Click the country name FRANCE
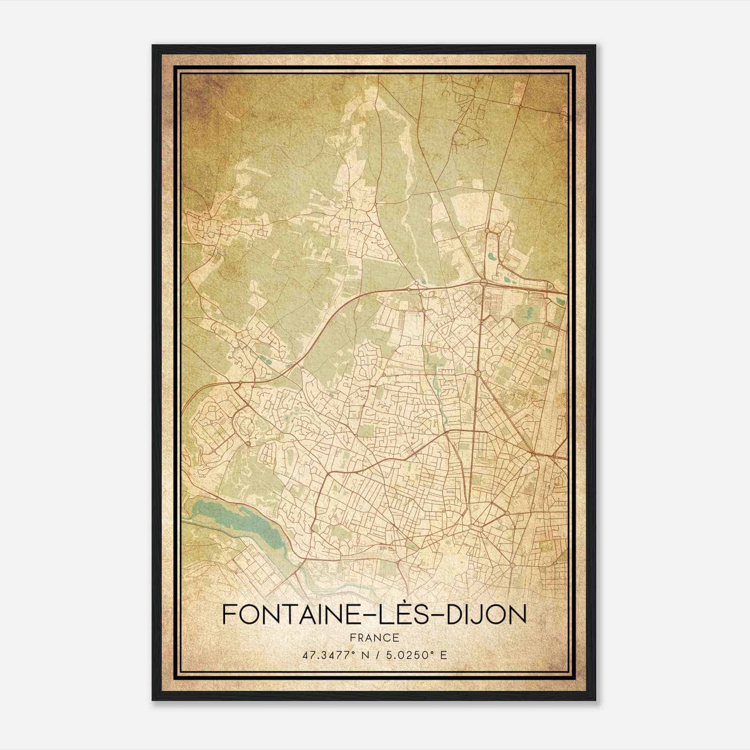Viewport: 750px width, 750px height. click(x=374, y=638)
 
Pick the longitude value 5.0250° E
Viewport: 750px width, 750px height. click(x=413, y=655)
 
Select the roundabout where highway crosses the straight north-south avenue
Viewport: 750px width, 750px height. click(x=483, y=283)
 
